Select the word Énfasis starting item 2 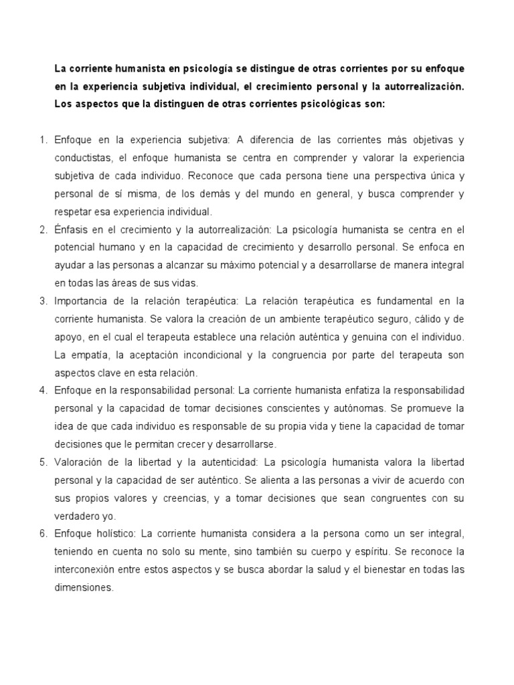(71, 230)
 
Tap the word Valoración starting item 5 (80, 462)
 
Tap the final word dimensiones (85, 588)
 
